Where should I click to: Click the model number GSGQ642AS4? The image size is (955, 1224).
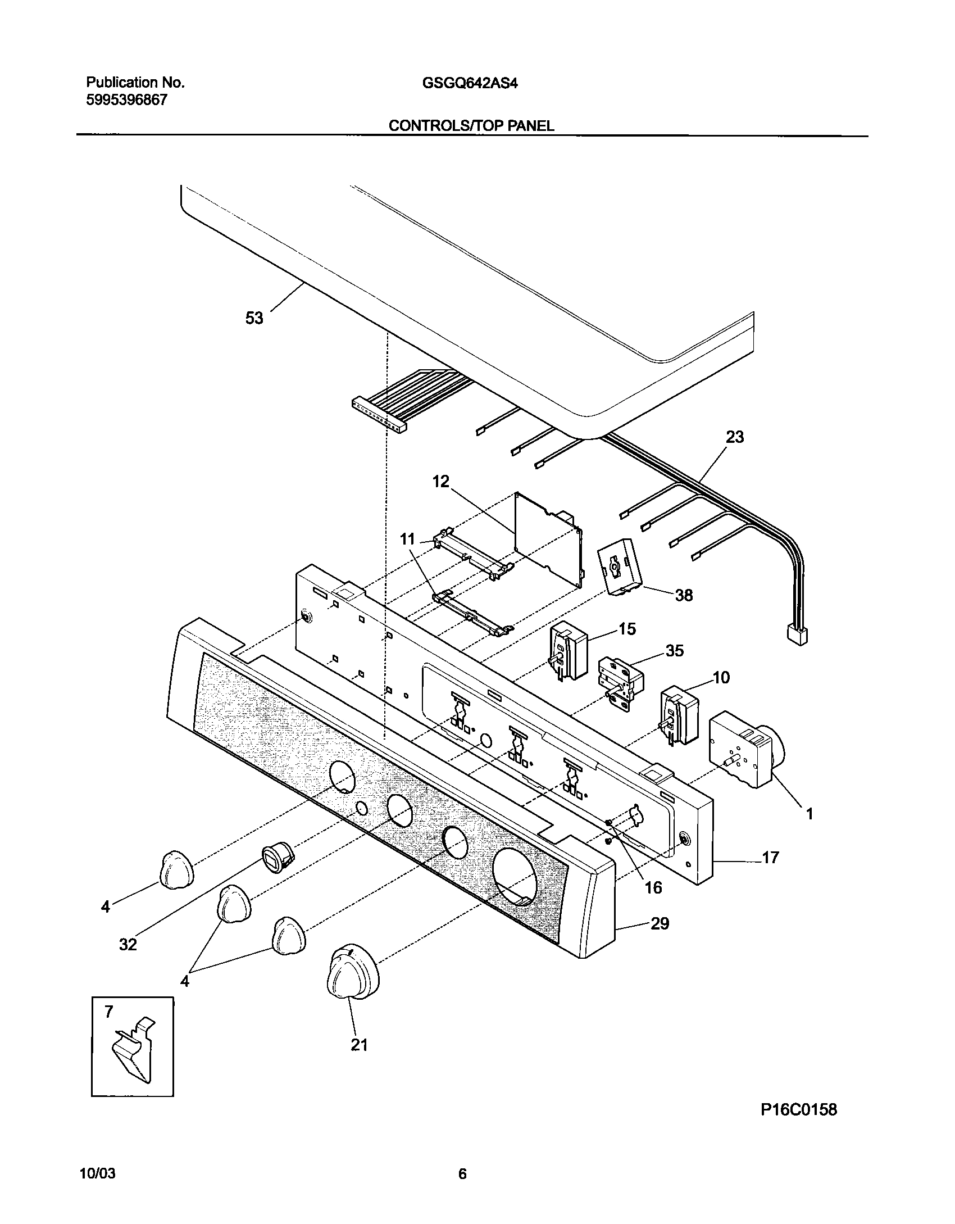pos(470,83)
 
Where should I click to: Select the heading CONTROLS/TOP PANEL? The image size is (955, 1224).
pos(471,126)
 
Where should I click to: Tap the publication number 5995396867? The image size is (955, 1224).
pos(126,101)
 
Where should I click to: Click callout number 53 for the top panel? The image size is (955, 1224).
pos(254,318)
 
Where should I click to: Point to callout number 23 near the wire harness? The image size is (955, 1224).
pos(735,437)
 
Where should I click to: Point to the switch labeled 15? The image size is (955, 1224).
pos(567,653)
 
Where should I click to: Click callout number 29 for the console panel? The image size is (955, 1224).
pos(660,923)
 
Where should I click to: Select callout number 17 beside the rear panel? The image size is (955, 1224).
pos(770,858)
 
